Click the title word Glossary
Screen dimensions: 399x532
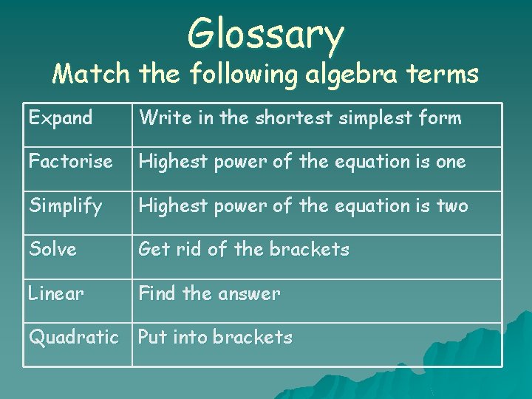point(266,34)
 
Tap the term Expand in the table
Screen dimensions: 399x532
point(61,117)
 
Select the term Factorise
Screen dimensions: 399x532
point(71,161)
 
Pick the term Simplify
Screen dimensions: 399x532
point(66,206)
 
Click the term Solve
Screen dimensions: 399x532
point(52,249)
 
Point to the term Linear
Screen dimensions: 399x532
point(56,293)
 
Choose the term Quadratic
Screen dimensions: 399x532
point(74,337)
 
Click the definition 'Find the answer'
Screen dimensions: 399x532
point(209,293)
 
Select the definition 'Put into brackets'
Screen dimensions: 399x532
point(215,337)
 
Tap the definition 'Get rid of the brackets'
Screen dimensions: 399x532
point(244,249)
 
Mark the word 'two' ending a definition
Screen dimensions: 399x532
point(452,205)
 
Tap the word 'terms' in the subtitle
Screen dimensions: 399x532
point(445,74)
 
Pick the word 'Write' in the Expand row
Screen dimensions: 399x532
point(160,117)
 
